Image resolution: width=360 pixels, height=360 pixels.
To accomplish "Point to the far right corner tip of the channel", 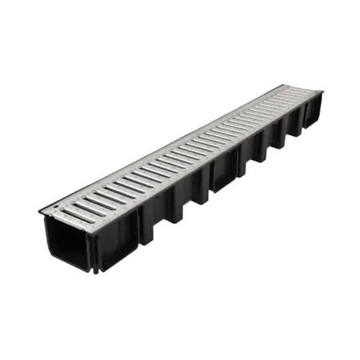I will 323,91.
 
